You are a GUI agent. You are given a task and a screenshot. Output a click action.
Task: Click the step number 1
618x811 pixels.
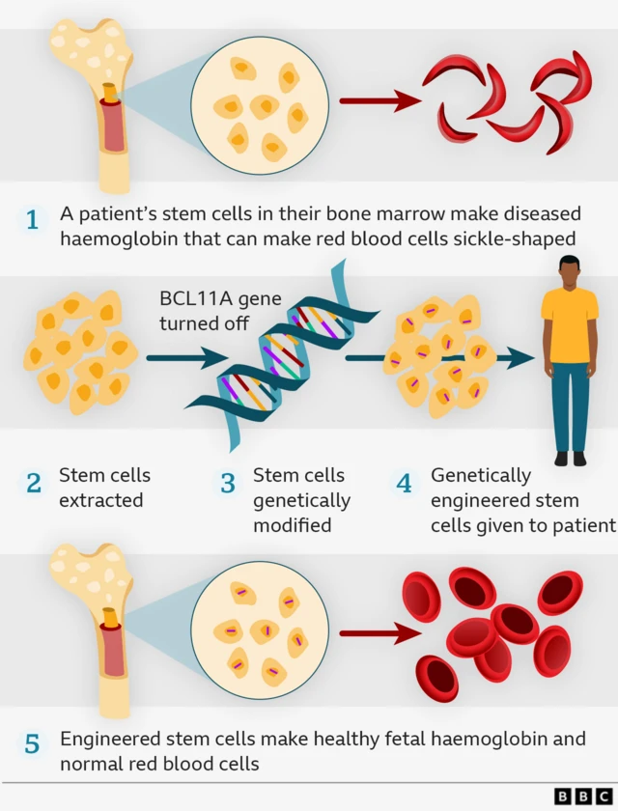pos(33,220)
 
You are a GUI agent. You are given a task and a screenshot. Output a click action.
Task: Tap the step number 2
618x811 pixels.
pos(34,483)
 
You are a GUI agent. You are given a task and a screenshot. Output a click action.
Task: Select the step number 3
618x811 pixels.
pos(228,483)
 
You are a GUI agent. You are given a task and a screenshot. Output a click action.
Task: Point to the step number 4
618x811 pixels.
pos(405,483)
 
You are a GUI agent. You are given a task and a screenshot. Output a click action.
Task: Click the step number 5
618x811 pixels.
pos(33,744)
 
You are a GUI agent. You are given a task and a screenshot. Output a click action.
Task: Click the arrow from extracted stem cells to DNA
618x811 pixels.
pos(180,359)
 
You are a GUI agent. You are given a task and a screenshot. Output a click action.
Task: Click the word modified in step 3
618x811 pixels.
pos(292,525)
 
